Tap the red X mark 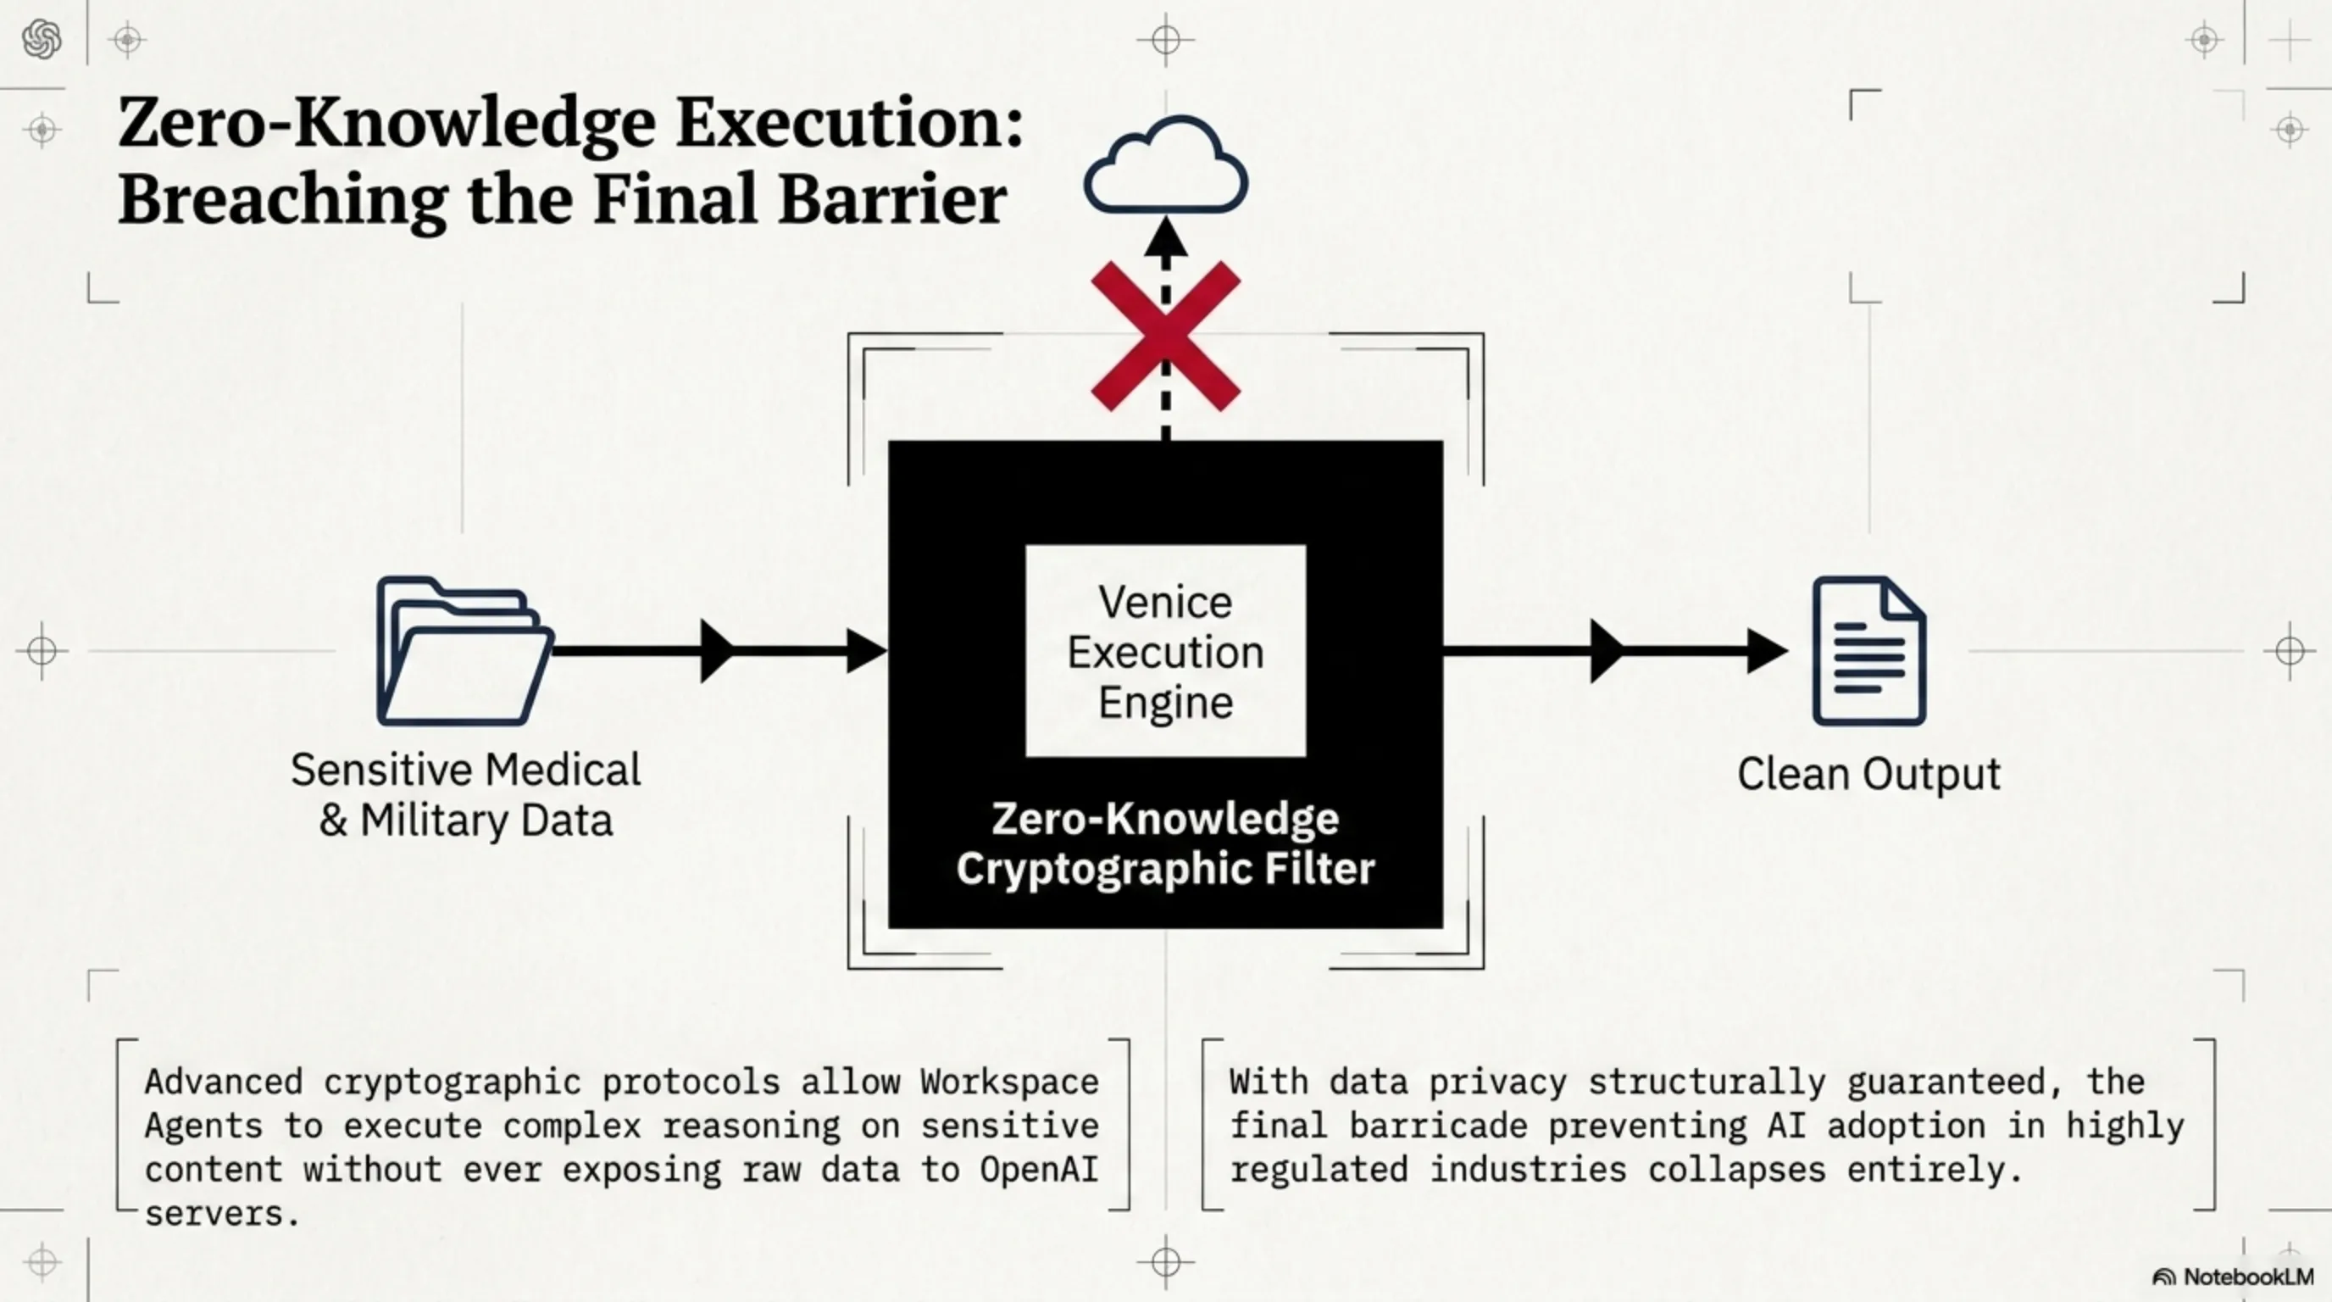click(x=1166, y=336)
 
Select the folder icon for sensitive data click(x=464, y=651)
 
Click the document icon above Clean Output click(x=1868, y=651)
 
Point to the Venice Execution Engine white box click(x=1165, y=651)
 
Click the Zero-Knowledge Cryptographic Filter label click(x=1165, y=843)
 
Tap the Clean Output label click(x=1868, y=774)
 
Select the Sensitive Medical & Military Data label click(x=465, y=795)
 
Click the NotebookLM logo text click(x=2248, y=1277)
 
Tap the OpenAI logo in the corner click(x=42, y=40)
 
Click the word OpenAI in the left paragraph click(x=1038, y=1169)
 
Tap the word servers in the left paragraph click(x=221, y=1213)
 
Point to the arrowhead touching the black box click(x=866, y=651)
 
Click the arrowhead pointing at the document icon click(x=1766, y=651)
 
